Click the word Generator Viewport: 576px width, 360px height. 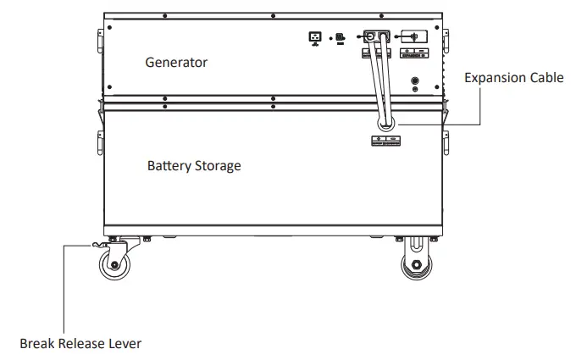(176, 63)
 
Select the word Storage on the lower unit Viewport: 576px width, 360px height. (219, 166)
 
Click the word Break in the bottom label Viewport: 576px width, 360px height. (37, 344)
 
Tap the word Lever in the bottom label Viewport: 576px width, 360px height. (126, 344)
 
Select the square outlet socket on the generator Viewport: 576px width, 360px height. (315, 37)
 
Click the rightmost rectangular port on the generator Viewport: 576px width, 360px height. (413, 37)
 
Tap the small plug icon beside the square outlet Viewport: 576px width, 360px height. (340, 38)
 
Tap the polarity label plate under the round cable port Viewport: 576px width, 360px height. (385, 141)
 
